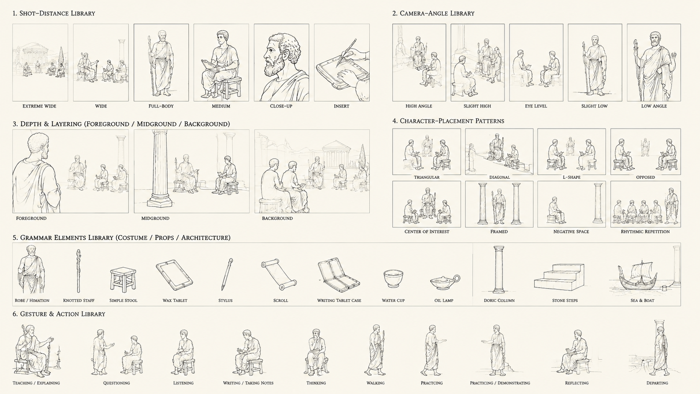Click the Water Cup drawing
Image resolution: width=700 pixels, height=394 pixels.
(x=393, y=279)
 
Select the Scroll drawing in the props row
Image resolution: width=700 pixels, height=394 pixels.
(x=279, y=274)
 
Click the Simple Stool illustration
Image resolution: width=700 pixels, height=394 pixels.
(x=123, y=280)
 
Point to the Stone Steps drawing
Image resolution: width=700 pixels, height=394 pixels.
(x=559, y=277)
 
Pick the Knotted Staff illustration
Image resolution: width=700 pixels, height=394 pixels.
(x=78, y=271)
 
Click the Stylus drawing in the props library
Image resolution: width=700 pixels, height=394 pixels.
(x=227, y=274)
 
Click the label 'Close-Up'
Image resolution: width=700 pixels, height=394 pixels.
(x=281, y=106)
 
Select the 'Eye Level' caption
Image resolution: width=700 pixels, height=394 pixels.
(x=536, y=106)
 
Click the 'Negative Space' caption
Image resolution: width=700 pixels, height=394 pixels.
(x=571, y=232)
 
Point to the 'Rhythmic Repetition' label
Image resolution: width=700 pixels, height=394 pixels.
(x=645, y=232)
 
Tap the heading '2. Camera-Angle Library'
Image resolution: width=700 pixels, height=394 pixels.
(x=433, y=13)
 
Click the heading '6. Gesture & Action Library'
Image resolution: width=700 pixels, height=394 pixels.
(x=59, y=314)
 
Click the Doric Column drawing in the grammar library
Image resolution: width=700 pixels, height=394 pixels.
(x=499, y=270)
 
